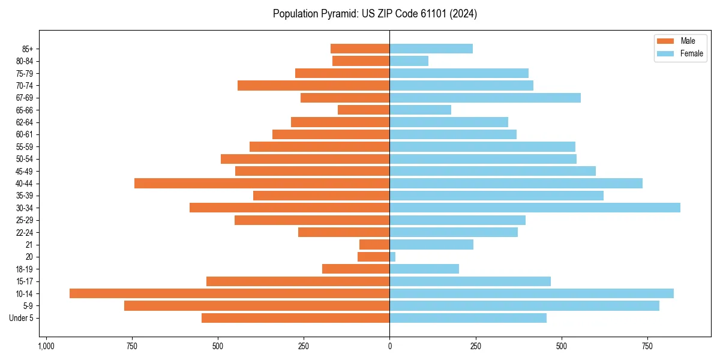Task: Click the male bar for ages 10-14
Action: (229, 293)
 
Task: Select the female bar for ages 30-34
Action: (535, 208)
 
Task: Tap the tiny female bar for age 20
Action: (392, 257)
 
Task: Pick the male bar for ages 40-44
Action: (262, 183)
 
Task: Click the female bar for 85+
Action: (431, 49)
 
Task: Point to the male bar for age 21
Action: (374, 244)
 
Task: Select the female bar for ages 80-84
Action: (409, 61)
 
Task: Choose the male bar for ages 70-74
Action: (313, 85)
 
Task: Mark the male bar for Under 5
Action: (295, 318)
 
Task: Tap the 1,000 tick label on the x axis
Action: (46, 346)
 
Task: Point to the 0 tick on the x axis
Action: (389, 346)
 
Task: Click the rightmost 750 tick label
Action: (647, 346)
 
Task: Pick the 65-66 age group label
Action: (25, 110)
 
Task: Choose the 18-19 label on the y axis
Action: (25, 269)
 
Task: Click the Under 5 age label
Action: (21, 318)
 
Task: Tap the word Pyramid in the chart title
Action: (338, 14)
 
